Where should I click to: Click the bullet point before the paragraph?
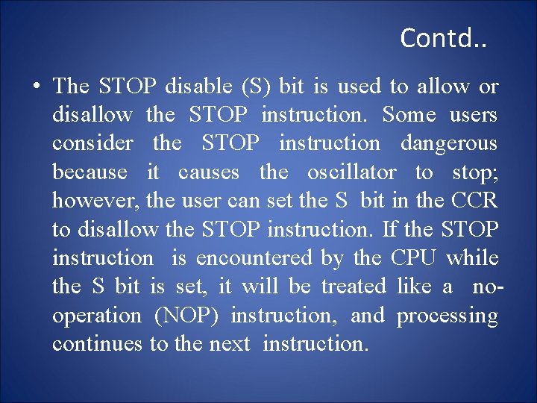click(36, 87)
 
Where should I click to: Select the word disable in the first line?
click(198, 87)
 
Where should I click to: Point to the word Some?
click(409, 115)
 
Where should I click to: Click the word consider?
click(92, 143)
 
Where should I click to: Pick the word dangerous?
click(449, 143)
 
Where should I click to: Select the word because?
click(89, 172)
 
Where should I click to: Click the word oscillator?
click(352, 172)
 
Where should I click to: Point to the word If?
click(389, 229)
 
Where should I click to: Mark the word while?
click(472, 258)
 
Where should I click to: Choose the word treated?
click(354, 287)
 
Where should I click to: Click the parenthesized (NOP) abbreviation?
click(186, 316)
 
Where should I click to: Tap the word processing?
click(447, 316)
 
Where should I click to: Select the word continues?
click(97, 344)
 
